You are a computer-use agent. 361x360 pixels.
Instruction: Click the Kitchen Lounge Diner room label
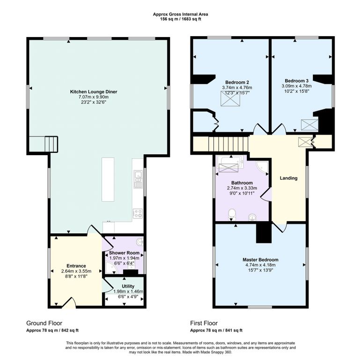tap(94, 92)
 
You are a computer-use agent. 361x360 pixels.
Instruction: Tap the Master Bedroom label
tap(260, 260)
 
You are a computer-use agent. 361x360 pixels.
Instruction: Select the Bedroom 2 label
tap(237, 82)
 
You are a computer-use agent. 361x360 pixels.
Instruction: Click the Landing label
tap(288, 178)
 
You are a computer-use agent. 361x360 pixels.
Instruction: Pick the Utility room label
tap(128, 286)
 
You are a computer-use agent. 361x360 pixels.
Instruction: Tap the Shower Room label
tap(124, 253)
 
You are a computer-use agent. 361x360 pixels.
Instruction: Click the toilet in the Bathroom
tap(232, 215)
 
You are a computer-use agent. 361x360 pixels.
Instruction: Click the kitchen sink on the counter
tap(139, 179)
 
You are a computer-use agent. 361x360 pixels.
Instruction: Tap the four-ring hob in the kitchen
tap(138, 213)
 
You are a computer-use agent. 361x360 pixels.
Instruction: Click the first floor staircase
tap(228, 144)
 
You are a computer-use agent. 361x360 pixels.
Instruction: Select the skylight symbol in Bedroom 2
tap(230, 98)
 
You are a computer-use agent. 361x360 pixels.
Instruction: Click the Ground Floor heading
tap(44, 323)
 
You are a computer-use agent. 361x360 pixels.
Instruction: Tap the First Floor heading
tap(204, 323)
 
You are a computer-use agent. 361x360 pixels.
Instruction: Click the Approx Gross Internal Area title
tap(181, 14)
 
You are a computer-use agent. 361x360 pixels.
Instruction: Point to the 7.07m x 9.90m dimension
tap(94, 97)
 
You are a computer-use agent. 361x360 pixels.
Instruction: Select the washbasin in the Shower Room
tap(140, 242)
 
